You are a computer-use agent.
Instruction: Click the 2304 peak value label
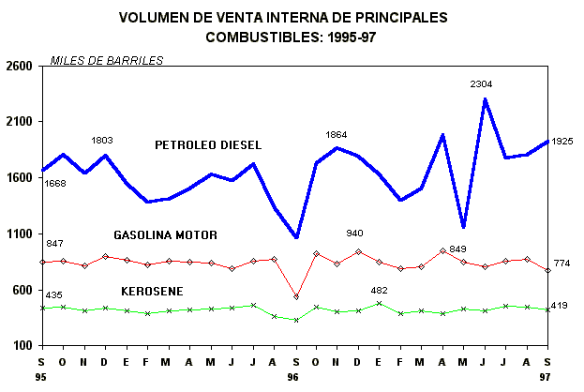482,84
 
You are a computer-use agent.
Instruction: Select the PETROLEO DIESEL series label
208,144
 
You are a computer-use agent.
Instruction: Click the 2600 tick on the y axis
19,67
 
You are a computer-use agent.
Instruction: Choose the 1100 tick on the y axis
19,234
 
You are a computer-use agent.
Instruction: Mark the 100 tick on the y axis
22,346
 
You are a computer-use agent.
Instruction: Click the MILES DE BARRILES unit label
106,61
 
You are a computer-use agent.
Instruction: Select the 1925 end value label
562,142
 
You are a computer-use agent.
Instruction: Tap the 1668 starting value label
55,184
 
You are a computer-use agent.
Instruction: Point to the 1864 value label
336,135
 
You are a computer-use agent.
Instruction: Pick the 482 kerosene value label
378,290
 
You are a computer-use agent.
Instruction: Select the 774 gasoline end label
562,263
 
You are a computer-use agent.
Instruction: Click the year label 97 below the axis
547,377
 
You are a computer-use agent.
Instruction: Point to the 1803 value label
102,141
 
